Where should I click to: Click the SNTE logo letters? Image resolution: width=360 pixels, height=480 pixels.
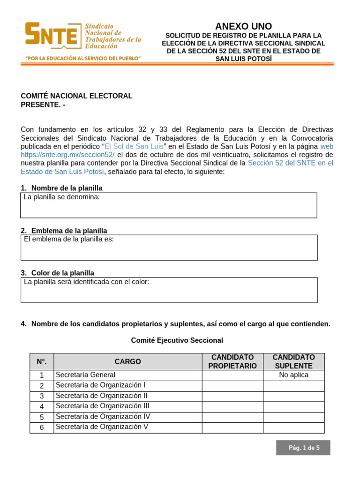click(52, 35)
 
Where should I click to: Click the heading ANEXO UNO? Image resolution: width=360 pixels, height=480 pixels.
click(243, 26)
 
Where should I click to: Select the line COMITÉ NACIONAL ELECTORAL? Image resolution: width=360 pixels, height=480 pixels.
click(76, 96)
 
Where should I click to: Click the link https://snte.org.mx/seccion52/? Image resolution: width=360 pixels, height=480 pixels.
click(67, 155)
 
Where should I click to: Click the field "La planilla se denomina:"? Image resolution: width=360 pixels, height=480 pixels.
click(168, 205)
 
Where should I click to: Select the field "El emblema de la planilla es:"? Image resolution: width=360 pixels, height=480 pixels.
click(169, 247)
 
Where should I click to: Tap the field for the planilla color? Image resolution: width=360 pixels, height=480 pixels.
click(169, 290)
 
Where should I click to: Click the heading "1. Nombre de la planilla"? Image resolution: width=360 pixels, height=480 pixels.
click(61, 188)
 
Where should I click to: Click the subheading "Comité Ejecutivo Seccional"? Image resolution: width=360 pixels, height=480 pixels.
click(177, 340)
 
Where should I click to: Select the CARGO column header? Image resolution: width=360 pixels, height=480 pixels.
click(127, 362)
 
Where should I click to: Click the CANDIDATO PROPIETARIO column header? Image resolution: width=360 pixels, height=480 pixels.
click(232, 362)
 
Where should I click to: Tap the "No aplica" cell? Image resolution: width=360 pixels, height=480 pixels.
click(293, 375)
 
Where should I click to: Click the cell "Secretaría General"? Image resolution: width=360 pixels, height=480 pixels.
click(85, 375)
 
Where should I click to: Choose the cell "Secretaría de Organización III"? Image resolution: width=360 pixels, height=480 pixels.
click(102, 406)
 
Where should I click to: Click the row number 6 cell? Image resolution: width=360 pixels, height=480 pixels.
click(42, 427)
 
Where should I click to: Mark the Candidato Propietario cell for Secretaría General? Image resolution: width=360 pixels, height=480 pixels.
click(232, 375)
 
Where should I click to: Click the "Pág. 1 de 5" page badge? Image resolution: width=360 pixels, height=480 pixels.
click(303, 448)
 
